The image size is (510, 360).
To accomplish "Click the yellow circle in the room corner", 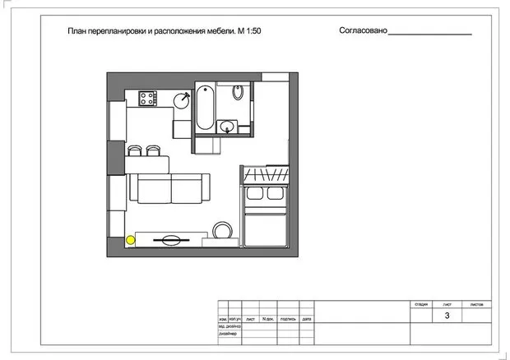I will [131, 240].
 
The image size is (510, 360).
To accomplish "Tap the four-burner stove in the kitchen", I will [148, 98].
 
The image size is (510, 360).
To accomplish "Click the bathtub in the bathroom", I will [206, 105].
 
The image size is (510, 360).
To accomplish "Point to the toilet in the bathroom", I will [238, 93].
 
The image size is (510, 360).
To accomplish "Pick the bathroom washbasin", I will [229, 126].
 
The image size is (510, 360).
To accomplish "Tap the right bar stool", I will [152, 150].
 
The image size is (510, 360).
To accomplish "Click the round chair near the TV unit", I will [220, 229].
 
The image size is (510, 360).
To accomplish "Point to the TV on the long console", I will [171, 240].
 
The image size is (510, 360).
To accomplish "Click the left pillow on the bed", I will [253, 194].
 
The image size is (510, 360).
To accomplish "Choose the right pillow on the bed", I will [276, 194].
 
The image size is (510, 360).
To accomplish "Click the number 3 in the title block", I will [447, 315].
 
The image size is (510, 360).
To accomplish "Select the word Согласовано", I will [362, 31].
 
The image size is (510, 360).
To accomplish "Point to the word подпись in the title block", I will [287, 318].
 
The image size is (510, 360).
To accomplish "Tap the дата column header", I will [306, 318].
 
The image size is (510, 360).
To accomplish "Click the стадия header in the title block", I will [421, 303].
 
